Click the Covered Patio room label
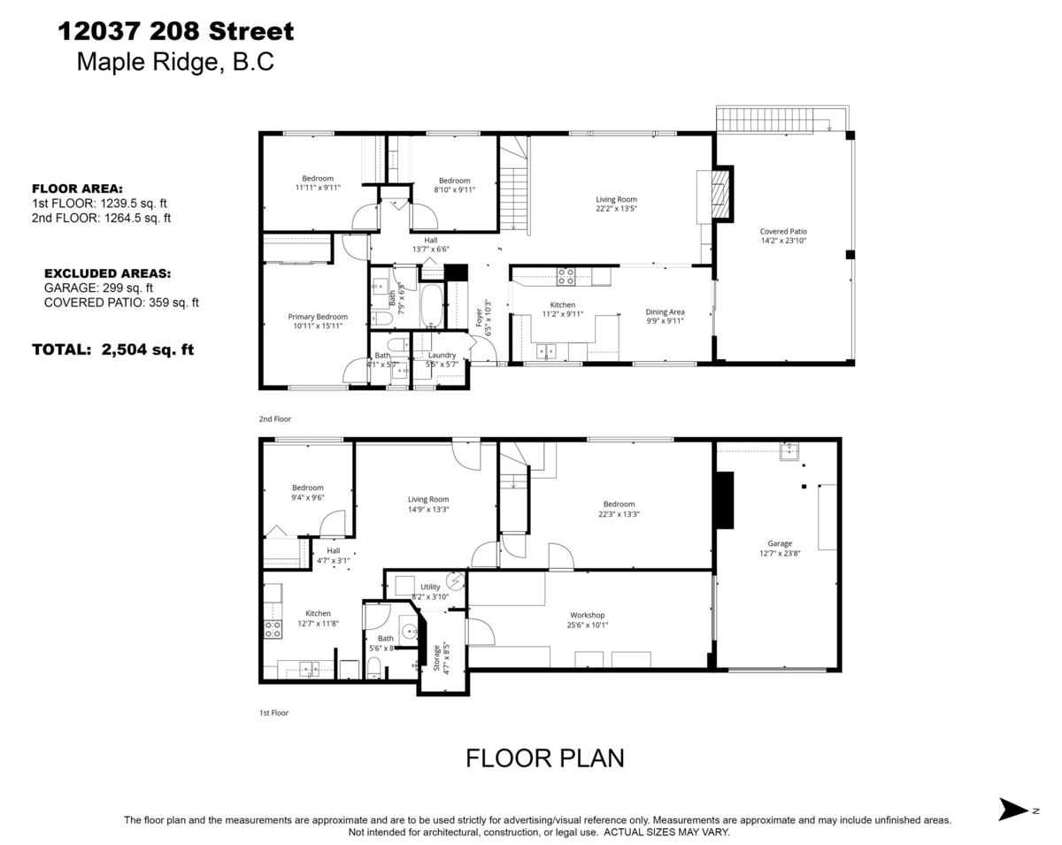(783, 232)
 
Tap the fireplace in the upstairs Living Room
(722, 195)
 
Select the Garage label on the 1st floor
(780, 544)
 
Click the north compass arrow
(1014, 809)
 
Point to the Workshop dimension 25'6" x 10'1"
(588, 625)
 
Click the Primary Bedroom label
(317, 317)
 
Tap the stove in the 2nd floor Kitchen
(566, 277)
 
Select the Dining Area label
(665, 311)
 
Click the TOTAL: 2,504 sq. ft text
(112, 350)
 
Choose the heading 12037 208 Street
(175, 33)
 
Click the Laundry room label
(442, 355)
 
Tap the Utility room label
(430, 587)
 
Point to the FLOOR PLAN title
(545, 758)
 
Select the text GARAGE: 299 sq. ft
(98, 288)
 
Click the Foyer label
(480, 318)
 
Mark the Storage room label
(435, 659)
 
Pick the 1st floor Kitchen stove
(273, 629)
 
